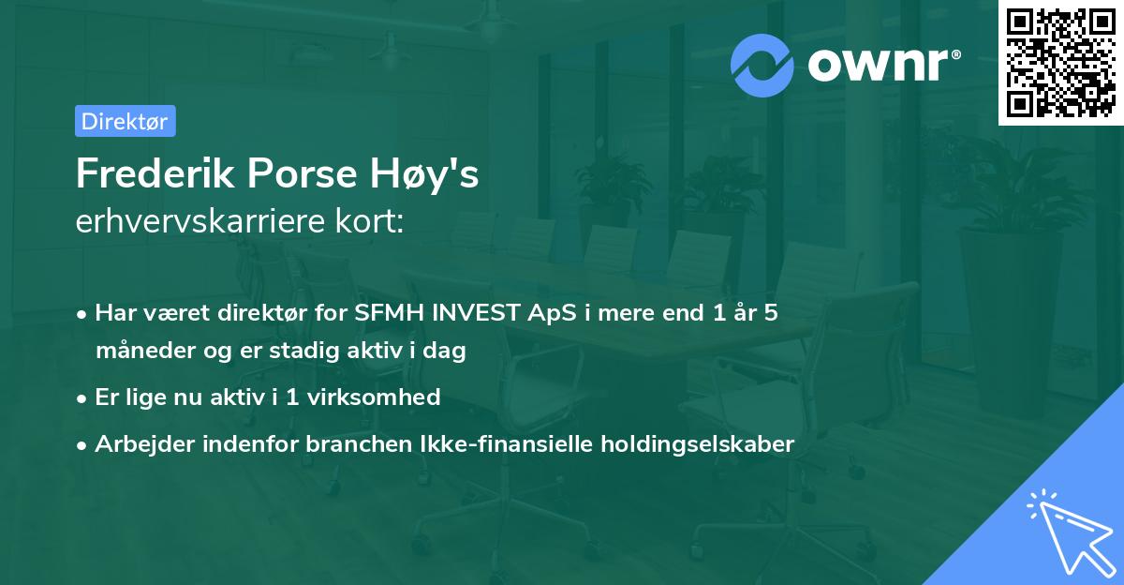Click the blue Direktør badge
(x=125, y=121)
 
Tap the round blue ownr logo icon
(x=762, y=66)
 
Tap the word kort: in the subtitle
(x=371, y=222)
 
